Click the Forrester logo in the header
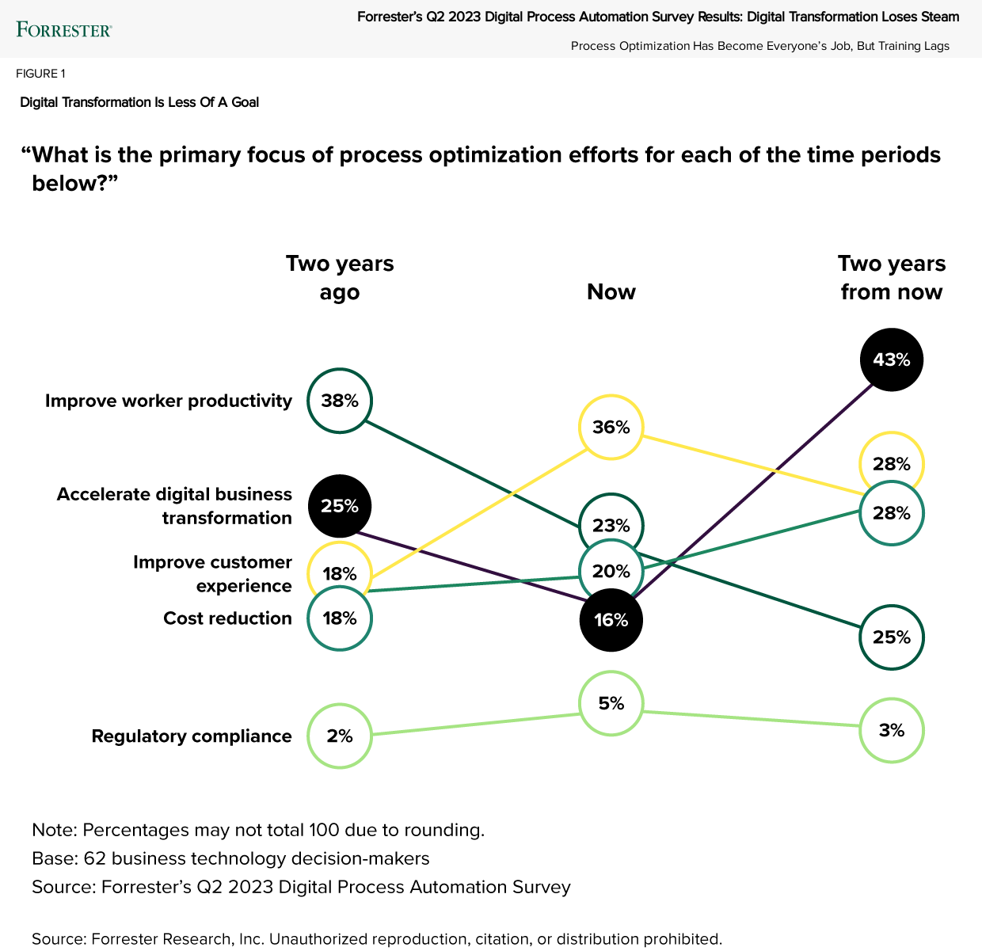point(64,30)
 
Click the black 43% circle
point(892,359)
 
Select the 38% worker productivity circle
point(340,401)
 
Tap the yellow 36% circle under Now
point(611,428)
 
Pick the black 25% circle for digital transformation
point(340,506)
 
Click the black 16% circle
point(611,620)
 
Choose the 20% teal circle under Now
point(611,571)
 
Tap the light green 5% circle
point(611,703)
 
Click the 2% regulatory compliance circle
point(340,736)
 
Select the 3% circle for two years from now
point(892,730)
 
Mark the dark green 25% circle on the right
point(892,637)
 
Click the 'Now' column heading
point(611,292)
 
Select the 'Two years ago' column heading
point(340,277)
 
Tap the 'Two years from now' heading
point(892,277)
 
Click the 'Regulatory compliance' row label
point(192,736)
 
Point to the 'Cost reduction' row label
point(227,618)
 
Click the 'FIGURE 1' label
point(40,74)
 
